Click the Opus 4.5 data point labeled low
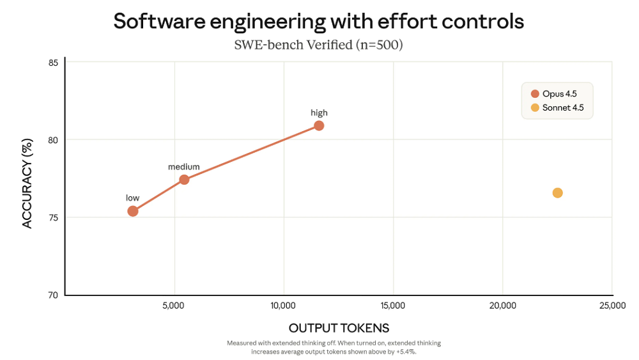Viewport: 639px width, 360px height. (133, 211)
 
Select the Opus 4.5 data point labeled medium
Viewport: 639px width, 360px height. (184, 180)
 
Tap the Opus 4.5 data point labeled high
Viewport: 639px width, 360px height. (319, 125)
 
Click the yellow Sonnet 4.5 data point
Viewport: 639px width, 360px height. (557, 193)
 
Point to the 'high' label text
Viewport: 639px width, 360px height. (319, 113)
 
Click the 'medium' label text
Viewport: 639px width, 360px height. (184, 167)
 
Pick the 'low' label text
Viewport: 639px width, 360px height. (132, 198)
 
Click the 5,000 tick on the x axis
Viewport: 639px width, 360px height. (174, 306)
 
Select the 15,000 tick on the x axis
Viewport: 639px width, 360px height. (392, 306)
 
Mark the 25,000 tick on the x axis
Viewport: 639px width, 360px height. (612, 306)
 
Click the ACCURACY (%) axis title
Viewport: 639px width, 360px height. (27, 178)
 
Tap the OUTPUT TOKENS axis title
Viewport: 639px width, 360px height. (339, 328)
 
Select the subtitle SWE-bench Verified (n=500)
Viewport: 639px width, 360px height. (319, 45)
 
